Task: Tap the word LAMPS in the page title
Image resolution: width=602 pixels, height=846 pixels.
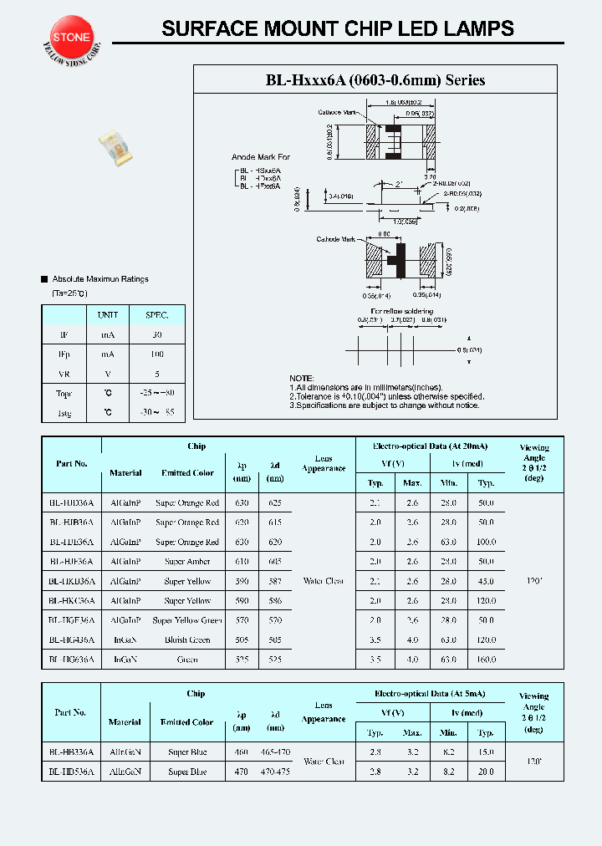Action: click(x=480, y=28)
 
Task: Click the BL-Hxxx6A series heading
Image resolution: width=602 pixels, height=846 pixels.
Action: click(x=375, y=80)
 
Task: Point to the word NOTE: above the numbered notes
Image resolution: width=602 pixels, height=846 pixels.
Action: click(x=302, y=378)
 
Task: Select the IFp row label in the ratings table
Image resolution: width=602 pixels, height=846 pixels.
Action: click(x=64, y=354)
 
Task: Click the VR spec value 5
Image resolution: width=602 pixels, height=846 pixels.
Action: click(x=156, y=374)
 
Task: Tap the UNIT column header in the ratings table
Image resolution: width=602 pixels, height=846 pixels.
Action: click(x=108, y=315)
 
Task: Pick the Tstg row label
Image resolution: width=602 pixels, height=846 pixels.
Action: click(x=64, y=412)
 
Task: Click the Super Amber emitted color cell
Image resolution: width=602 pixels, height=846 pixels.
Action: click(x=187, y=562)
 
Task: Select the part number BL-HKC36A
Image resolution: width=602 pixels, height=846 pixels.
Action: click(x=71, y=601)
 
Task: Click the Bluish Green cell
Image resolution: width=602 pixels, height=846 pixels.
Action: click(x=187, y=640)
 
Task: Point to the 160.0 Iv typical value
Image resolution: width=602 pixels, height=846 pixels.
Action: click(x=486, y=660)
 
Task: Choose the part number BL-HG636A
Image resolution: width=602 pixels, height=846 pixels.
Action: click(x=71, y=660)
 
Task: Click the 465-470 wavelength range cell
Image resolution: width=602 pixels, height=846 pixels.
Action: click(x=275, y=752)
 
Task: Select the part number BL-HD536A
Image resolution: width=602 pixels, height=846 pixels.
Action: click(x=71, y=772)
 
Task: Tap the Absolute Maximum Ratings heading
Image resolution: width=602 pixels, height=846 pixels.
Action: click(x=99, y=278)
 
